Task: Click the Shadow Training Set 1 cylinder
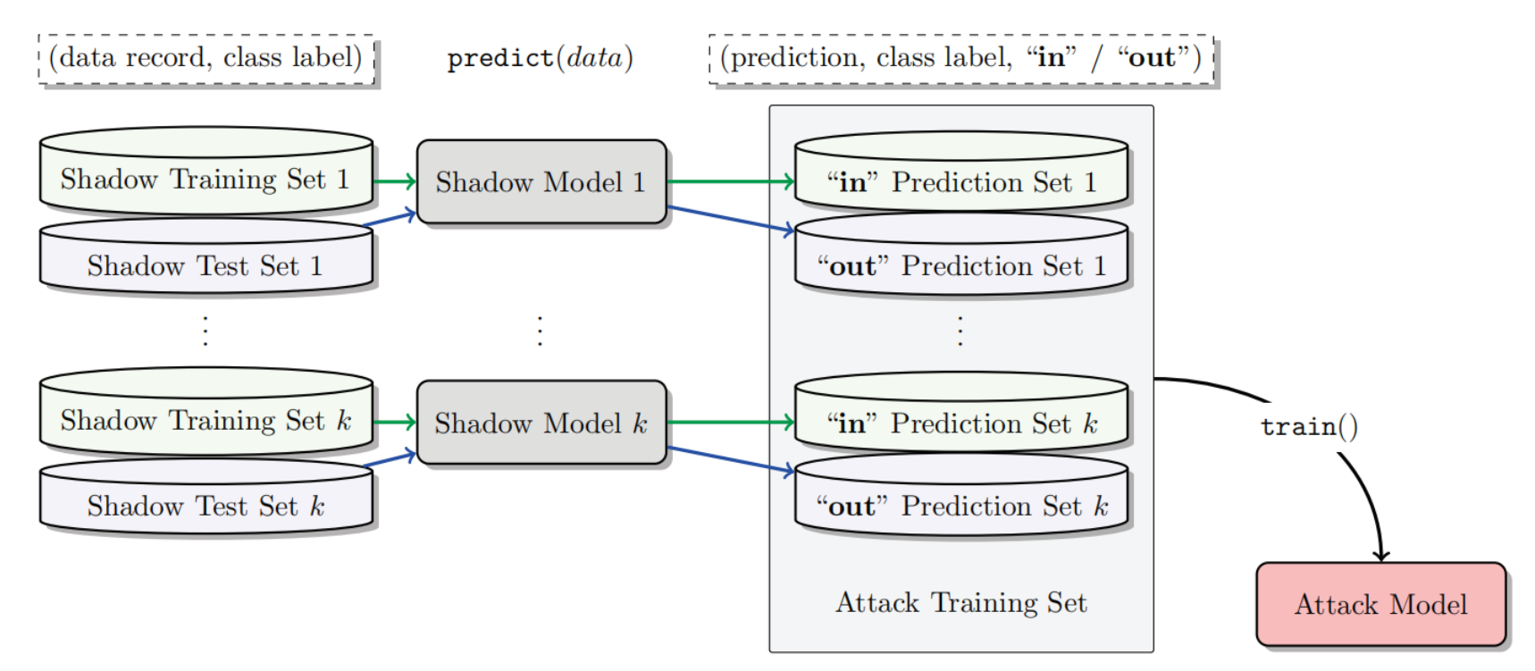[x=206, y=179]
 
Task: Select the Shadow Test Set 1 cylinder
[x=206, y=265]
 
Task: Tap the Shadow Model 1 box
[x=541, y=182]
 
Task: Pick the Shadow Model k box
[x=541, y=423]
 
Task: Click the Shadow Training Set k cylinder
[x=206, y=420]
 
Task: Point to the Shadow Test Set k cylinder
[x=206, y=506]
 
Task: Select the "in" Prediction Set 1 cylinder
[x=960, y=182]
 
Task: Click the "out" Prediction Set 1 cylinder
[x=960, y=265]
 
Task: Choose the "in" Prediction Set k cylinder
[x=960, y=423]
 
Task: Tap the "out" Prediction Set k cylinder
[x=960, y=506]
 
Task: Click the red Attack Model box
[x=1380, y=605]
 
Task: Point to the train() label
[x=1309, y=427]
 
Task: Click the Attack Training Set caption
[x=960, y=603]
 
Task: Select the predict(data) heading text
[x=540, y=59]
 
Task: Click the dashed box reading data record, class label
[x=206, y=59]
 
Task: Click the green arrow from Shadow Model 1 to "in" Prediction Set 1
[x=728, y=181]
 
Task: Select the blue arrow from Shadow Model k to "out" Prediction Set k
[x=728, y=459]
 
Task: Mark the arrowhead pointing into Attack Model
[x=1381, y=555]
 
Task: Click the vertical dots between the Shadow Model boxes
[x=540, y=331]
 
